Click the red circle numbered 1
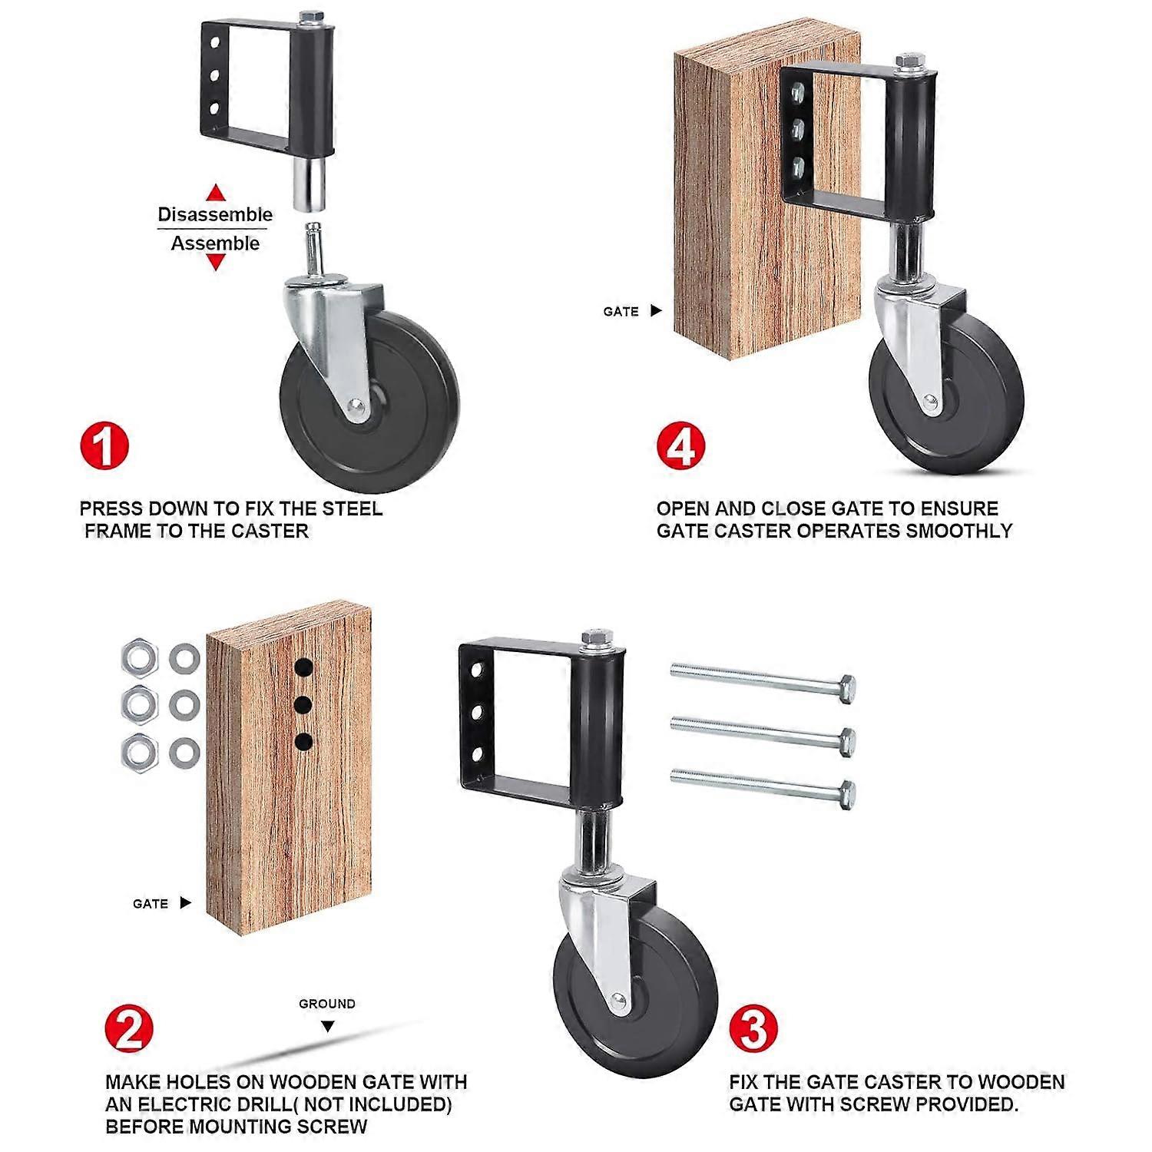[x=104, y=445]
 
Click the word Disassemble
[x=215, y=214]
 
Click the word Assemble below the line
[x=215, y=243]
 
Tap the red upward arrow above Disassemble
[x=217, y=192]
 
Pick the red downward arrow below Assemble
[x=217, y=263]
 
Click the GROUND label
[x=327, y=1004]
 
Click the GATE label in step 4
[x=621, y=311]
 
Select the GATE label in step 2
[x=150, y=904]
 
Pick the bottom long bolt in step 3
[x=763, y=786]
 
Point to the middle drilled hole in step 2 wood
[x=304, y=703]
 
